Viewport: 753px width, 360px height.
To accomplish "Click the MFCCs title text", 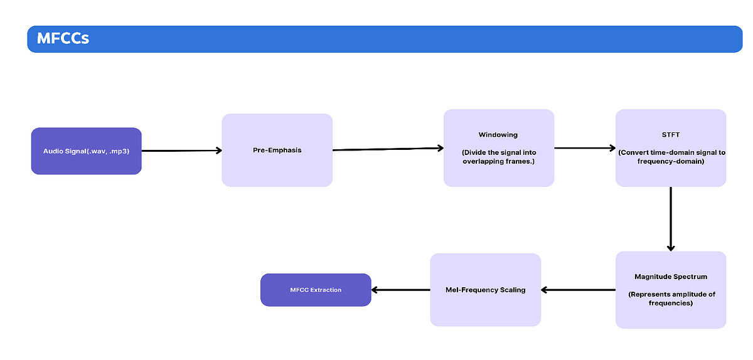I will (63, 39).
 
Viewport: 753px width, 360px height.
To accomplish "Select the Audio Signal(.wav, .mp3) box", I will (86, 151).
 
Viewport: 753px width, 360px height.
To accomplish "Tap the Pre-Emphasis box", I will (277, 150).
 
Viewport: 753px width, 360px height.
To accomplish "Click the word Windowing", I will (498, 135).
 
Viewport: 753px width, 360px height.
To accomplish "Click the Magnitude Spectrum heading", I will (670, 277).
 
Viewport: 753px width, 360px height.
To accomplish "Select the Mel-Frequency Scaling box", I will (485, 290).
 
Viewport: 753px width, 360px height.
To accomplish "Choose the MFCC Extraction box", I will (316, 290).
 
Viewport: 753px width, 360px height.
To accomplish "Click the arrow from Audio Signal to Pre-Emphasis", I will (181, 151).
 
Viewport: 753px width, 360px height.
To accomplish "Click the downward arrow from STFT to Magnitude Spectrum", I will (671, 219).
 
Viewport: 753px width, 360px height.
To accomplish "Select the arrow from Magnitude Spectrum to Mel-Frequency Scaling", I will (578, 290).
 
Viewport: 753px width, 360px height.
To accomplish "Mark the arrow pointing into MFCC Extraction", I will (400, 290).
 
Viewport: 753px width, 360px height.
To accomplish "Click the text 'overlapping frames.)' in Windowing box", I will (498, 161).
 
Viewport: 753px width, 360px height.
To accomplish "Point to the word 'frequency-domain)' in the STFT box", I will (670, 161).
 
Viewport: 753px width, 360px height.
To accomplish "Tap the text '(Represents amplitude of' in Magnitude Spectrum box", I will (670, 294).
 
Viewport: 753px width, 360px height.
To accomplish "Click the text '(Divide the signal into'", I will (498, 152).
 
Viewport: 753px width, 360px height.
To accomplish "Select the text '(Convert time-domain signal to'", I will (670, 152).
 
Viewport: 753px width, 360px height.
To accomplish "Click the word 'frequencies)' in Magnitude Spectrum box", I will (670, 303).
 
